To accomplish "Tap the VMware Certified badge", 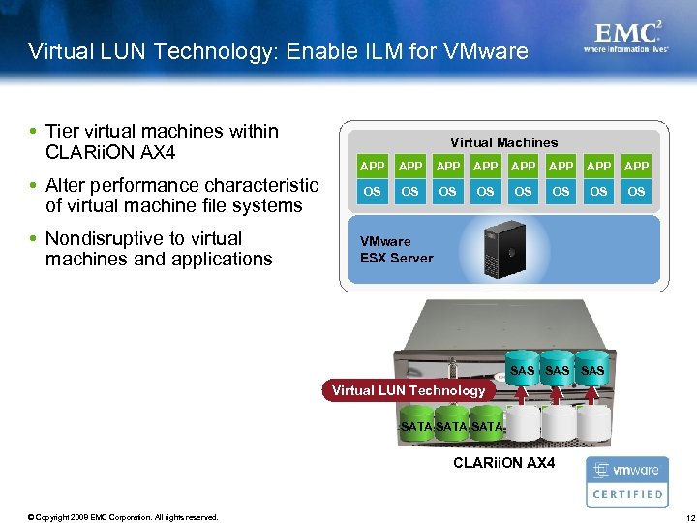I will pos(626,481).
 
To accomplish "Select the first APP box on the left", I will pos(373,167).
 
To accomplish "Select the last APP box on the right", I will pos(636,167).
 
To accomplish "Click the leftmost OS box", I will pos(373,192).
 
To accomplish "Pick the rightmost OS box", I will pos(636,192).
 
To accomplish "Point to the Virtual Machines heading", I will pos(503,142).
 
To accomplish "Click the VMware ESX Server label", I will pos(396,250).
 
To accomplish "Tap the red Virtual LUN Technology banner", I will pos(409,391).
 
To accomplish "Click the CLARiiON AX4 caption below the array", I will pos(503,463).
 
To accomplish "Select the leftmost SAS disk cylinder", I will pos(522,369).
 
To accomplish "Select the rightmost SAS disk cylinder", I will pos(592,369).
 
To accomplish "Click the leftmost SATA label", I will pos(416,426).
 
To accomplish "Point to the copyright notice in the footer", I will pos(123,516).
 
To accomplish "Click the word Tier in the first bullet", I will pos(62,131).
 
